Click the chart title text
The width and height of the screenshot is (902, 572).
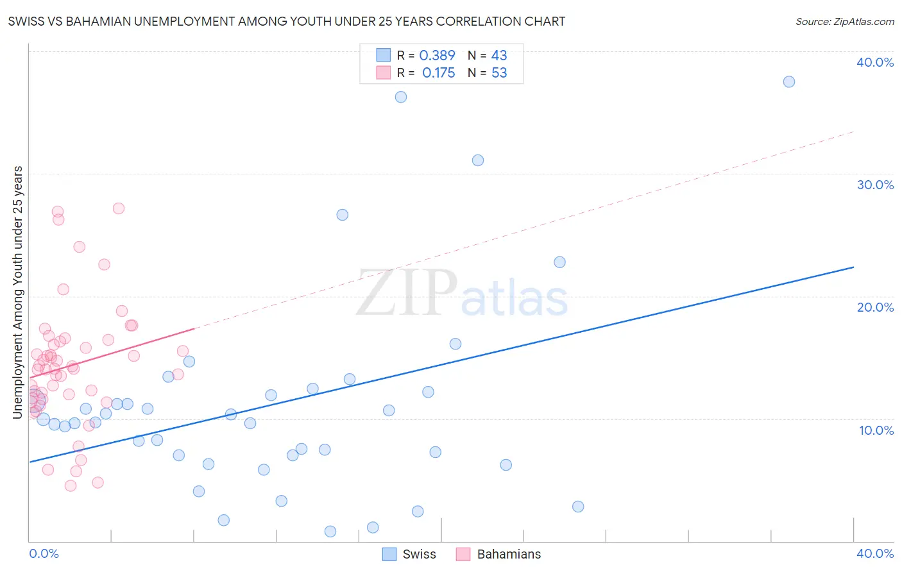(287, 21)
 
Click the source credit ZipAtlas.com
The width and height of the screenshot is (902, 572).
(844, 21)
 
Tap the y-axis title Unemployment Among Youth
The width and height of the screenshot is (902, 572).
(17, 292)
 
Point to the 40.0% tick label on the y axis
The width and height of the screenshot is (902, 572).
(875, 62)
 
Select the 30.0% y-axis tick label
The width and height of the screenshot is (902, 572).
(875, 185)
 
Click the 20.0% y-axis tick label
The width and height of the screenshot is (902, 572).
(875, 307)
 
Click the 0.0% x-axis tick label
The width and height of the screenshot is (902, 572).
(44, 553)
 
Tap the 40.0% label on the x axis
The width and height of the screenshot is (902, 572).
(875, 553)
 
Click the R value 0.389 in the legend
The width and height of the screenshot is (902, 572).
(437, 56)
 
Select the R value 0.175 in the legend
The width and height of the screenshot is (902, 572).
(438, 73)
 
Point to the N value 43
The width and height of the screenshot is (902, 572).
(499, 56)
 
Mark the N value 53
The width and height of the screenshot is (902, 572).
(499, 73)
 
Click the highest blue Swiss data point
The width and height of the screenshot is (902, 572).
(789, 82)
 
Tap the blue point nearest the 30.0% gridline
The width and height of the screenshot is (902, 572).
(478, 160)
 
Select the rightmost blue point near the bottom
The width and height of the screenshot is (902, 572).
(578, 507)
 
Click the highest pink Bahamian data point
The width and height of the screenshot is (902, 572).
(119, 208)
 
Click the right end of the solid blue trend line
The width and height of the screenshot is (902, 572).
(853, 267)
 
